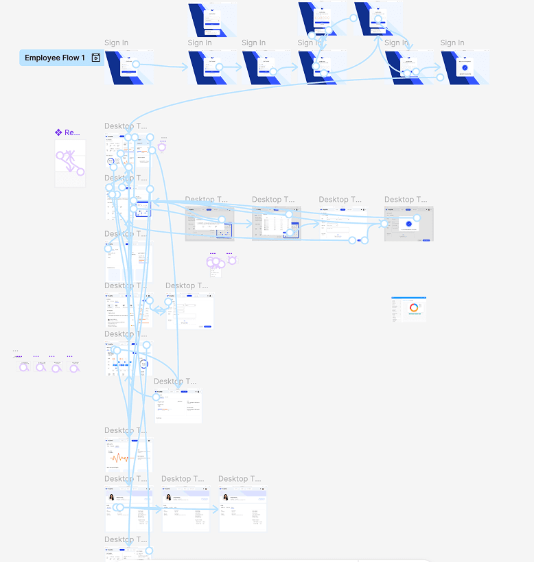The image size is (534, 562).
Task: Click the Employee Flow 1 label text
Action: (x=55, y=58)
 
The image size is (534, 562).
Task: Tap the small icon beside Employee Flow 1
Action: (x=96, y=58)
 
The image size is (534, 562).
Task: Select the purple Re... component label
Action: (x=68, y=132)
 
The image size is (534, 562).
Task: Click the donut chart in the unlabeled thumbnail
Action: (x=414, y=308)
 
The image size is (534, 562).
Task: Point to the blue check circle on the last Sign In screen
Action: (x=465, y=67)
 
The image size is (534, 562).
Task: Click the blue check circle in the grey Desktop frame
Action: (x=408, y=224)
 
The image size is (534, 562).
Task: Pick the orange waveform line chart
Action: (x=120, y=457)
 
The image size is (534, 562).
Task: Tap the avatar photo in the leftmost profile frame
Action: (x=111, y=497)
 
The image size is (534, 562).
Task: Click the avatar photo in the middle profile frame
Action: (x=168, y=497)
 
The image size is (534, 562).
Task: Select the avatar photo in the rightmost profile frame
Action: (x=225, y=497)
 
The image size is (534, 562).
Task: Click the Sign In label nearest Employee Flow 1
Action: (x=116, y=43)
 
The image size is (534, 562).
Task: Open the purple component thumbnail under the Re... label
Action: (x=70, y=163)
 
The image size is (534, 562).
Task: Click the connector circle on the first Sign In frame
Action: (x=136, y=65)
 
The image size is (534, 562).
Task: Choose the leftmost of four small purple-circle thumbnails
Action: (x=23, y=366)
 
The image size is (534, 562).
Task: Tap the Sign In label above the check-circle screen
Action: (x=452, y=43)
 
